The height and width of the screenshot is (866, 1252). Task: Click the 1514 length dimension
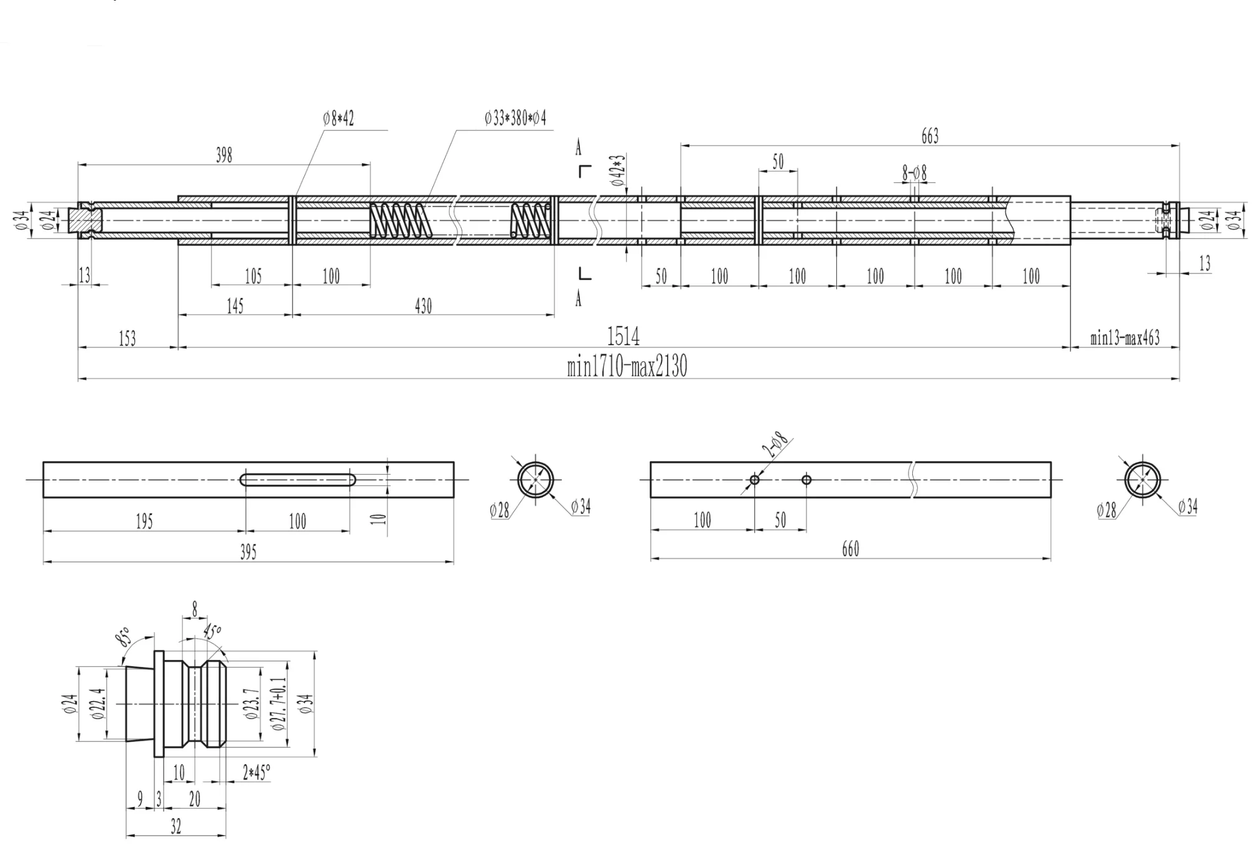click(623, 337)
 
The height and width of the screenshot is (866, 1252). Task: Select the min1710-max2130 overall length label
click(627, 366)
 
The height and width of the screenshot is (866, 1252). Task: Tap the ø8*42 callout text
click(339, 118)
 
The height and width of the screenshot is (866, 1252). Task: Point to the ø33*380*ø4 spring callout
click(515, 118)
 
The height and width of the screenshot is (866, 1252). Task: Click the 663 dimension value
click(930, 136)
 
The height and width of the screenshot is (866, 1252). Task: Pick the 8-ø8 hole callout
click(915, 173)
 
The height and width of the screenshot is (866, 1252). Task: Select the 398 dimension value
click(224, 155)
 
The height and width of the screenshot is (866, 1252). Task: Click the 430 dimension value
click(423, 306)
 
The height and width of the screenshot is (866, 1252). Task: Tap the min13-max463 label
click(1125, 338)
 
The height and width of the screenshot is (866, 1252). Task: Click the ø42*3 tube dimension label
click(618, 170)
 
